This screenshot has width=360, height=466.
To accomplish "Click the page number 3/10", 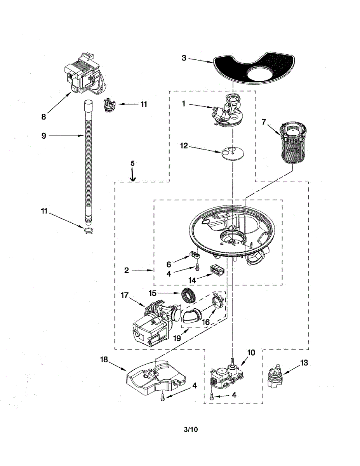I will tap(191, 429).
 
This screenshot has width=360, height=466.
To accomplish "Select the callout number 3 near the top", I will tap(184, 58).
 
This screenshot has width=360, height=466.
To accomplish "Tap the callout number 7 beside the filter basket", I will tap(264, 122).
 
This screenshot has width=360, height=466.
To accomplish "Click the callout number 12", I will tap(184, 146).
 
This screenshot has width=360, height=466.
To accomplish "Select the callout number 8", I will tap(44, 116).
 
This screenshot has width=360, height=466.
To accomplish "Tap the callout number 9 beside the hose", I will tap(43, 136).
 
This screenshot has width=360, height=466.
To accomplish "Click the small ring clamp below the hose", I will tap(89, 231).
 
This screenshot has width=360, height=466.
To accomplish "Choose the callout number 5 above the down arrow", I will tap(132, 163).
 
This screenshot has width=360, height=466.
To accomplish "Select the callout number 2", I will tap(126, 270).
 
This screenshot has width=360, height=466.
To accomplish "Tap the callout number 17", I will tap(125, 296).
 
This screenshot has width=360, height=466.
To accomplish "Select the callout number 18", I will tap(104, 360).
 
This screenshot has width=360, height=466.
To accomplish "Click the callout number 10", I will tap(251, 353).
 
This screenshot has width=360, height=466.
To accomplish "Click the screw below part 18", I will tap(163, 397).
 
